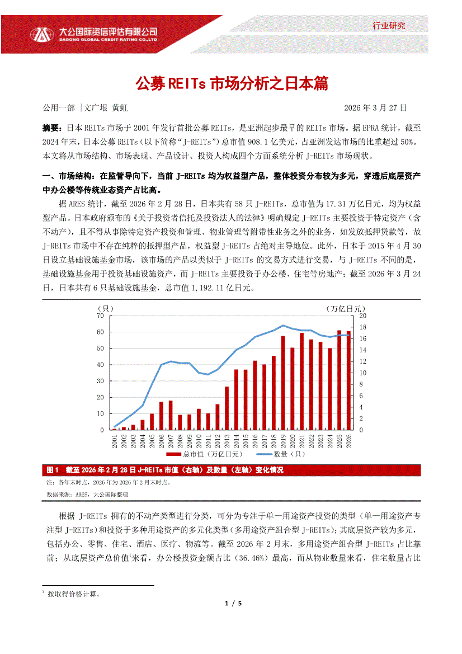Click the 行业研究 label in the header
coord(389,25)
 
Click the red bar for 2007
coord(171,415)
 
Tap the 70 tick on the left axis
coord(101,316)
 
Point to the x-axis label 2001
coord(115,443)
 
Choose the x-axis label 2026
coord(349,443)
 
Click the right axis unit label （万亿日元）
coord(345,308)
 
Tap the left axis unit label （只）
coord(106,308)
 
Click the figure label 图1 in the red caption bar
coord(53,470)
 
